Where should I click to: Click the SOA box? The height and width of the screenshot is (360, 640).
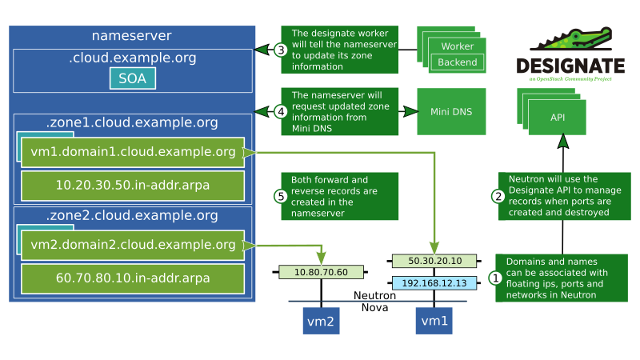tap(132, 78)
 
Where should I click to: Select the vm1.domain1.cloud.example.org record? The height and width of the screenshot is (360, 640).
tap(132, 152)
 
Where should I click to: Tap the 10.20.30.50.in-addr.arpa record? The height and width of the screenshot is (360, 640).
tap(132, 185)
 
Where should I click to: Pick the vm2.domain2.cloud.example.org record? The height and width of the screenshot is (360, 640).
tap(132, 245)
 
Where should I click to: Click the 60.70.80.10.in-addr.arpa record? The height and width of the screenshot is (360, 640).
tap(132, 278)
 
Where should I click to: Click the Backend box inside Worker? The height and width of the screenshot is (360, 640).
tap(458, 62)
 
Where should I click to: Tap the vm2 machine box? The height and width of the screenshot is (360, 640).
tap(319, 321)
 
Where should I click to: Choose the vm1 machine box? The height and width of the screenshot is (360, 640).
tap(434, 321)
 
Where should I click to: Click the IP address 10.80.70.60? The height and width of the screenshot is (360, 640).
tap(321, 272)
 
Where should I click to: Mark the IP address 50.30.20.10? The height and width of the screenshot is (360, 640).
tap(434, 261)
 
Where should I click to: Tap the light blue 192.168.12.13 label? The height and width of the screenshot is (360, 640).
tap(434, 282)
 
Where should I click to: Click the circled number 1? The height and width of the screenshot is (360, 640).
tap(496, 278)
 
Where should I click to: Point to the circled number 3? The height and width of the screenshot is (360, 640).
tap(280, 50)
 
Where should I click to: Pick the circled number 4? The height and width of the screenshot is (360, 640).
tap(280, 111)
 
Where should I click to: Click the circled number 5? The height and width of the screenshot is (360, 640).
tap(280, 196)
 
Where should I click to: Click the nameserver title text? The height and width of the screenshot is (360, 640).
tap(132, 36)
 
